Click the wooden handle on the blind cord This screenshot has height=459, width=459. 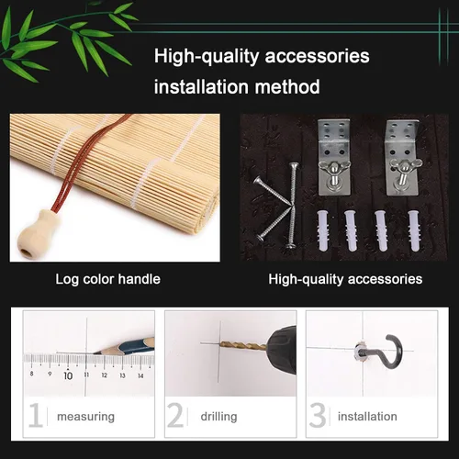tap(38, 232)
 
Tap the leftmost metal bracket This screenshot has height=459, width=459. tap(334, 157)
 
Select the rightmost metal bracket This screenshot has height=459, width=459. tap(402, 157)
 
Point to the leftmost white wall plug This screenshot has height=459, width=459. tap(324, 230)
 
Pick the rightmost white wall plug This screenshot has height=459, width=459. tap(415, 230)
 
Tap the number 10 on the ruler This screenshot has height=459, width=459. tap(68, 375)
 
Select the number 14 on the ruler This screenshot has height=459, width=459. tap(140, 375)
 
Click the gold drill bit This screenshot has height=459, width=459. tap(244, 346)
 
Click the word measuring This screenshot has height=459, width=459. tap(85, 417)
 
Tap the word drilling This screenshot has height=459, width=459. tap(218, 417)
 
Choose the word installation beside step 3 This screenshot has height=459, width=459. tap(367, 416)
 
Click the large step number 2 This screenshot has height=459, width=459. tap(175, 415)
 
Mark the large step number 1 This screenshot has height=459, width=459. tap(36, 415)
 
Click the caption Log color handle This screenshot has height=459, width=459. tap(107, 279)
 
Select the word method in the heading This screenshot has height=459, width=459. tap(287, 86)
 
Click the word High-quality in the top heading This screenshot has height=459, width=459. tap(207, 57)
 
